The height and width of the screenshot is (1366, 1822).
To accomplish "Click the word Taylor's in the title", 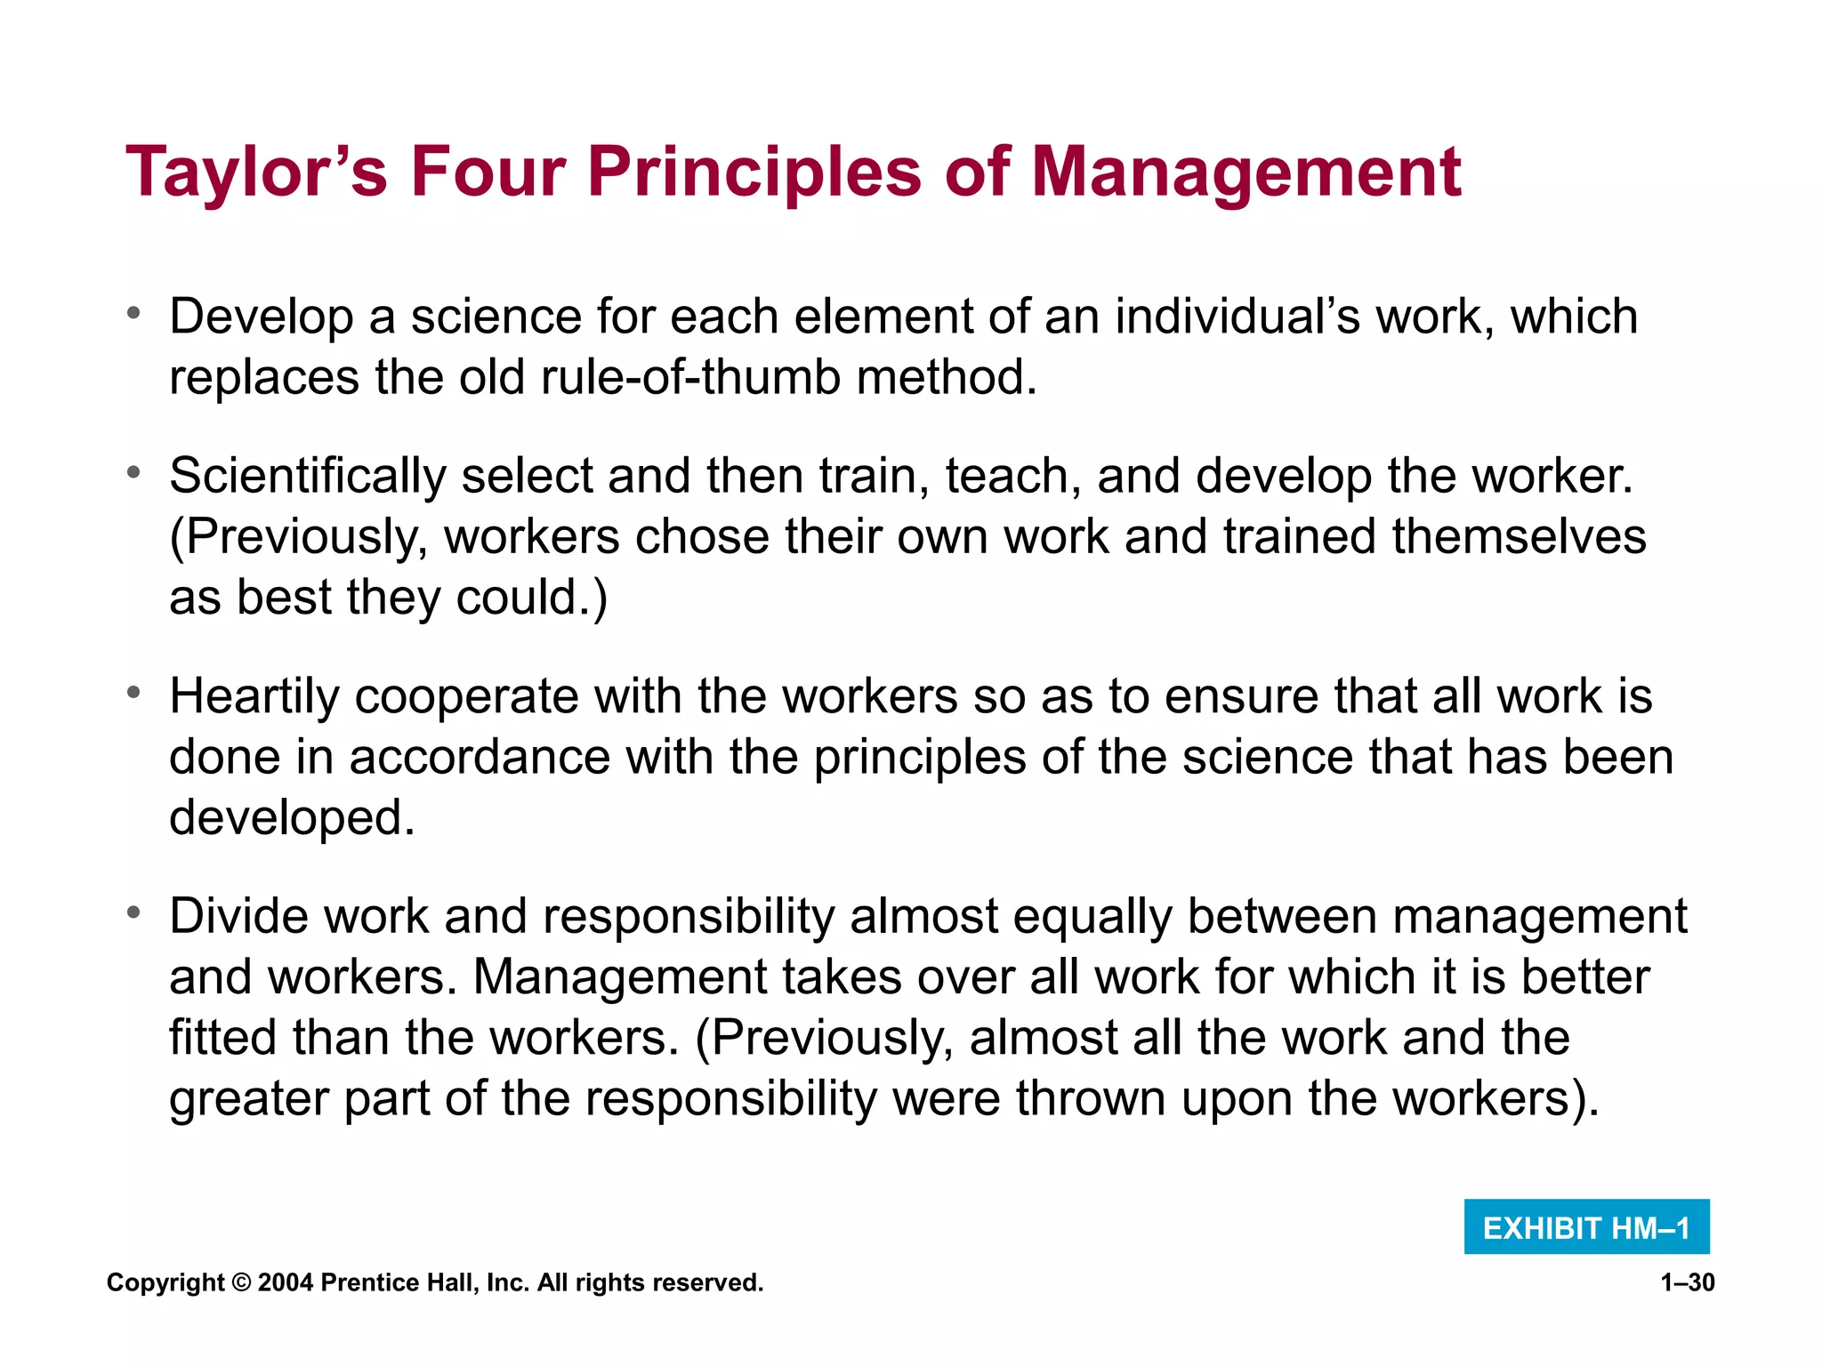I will [x=257, y=173].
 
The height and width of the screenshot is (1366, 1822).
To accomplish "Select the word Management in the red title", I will [x=1246, y=173].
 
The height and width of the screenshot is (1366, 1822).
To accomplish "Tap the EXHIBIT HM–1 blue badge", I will [x=1586, y=1227].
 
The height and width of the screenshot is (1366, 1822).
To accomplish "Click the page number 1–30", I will [x=1687, y=1282].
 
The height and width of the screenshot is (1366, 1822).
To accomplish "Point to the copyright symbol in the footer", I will [x=240, y=1283].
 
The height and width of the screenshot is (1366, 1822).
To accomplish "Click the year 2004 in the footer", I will [x=285, y=1283].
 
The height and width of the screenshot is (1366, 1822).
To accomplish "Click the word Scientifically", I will [x=308, y=476].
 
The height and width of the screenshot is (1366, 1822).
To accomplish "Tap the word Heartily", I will [x=254, y=696].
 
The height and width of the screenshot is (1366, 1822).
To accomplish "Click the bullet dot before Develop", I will [x=133, y=313].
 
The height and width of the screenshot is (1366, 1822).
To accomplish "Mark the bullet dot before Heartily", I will [x=133, y=693].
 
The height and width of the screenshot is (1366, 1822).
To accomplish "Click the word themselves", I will [x=1519, y=537].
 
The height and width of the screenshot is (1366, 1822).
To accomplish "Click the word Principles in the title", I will [x=754, y=173].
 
